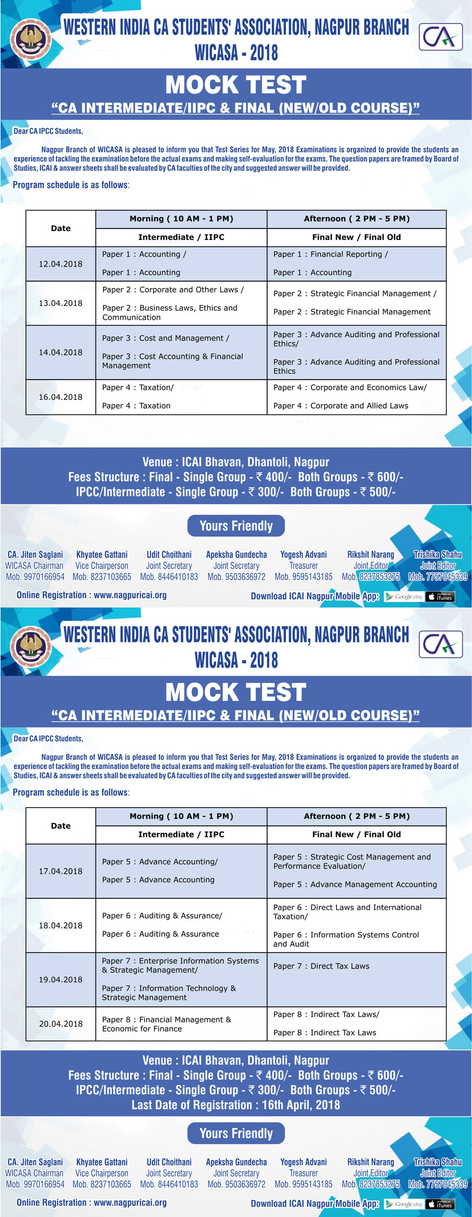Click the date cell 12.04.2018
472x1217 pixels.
tap(61, 264)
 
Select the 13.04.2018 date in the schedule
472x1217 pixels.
tap(61, 303)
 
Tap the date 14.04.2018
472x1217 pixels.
tap(61, 352)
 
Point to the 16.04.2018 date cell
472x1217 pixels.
tap(61, 397)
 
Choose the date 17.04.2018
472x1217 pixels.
tap(61, 871)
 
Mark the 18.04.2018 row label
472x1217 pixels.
tap(61, 925)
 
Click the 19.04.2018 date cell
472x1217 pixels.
tap(61, 979)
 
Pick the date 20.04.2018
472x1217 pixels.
tap(61, 1023)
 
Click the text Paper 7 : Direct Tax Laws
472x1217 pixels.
tap(321, 966)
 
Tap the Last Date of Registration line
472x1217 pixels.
tap(236, 1105)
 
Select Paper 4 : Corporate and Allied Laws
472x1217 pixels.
tap(341, 405)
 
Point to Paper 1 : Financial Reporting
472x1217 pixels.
tap(330, 254)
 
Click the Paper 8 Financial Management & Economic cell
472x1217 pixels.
tap(166, 1024)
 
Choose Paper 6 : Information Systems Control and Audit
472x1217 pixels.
tap(346, 939)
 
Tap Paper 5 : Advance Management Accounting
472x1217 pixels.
tap(355, 884)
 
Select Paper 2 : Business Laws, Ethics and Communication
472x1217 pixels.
tap(170, 312)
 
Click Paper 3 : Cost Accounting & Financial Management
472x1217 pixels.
tap(172, 361)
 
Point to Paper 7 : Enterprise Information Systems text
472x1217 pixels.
tap(180, 965)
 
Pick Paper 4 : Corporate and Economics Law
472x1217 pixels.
tap(350, 387)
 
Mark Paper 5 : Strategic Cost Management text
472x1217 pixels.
tap(352, 861)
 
